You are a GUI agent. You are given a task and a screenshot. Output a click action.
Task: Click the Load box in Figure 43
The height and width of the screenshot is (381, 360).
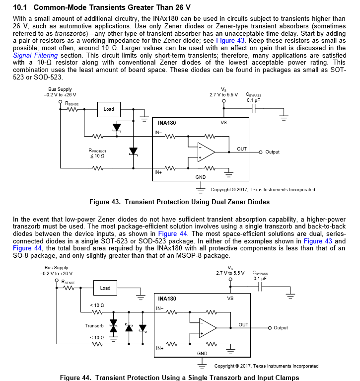[x=109, y=109]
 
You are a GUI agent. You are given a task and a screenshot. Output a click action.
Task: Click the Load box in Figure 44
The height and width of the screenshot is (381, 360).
[x=105, y=288]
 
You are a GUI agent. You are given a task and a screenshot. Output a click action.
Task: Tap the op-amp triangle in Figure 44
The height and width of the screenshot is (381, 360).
[x=208, y=328]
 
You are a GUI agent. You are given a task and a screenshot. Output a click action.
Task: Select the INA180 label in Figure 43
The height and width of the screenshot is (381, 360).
[x=166, y=123]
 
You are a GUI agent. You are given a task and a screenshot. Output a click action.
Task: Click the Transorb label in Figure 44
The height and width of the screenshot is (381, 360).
[x=94, y=326]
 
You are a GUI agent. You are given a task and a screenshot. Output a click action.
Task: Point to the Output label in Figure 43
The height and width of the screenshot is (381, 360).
[x=273, y=152]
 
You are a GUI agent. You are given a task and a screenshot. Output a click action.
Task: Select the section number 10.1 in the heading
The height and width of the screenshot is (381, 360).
[x=20, y=7]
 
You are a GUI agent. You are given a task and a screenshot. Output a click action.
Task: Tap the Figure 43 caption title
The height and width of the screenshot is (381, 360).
[x=179, y=202]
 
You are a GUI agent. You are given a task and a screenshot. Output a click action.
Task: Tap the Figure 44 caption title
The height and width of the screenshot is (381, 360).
[x=179, y=378]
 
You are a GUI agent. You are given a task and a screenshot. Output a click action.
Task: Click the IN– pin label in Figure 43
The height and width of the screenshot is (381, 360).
[x=158, y=132]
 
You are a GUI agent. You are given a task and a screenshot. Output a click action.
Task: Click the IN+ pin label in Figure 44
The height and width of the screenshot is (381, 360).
[x=160, y=348]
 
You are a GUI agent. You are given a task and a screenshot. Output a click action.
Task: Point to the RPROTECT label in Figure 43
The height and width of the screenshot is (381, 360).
[x=97, y=151]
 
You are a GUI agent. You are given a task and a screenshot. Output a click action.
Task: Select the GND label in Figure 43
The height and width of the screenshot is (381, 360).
[x=201, y=177]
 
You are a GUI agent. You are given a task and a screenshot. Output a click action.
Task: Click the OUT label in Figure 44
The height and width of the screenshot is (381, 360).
[x=243, y=325]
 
